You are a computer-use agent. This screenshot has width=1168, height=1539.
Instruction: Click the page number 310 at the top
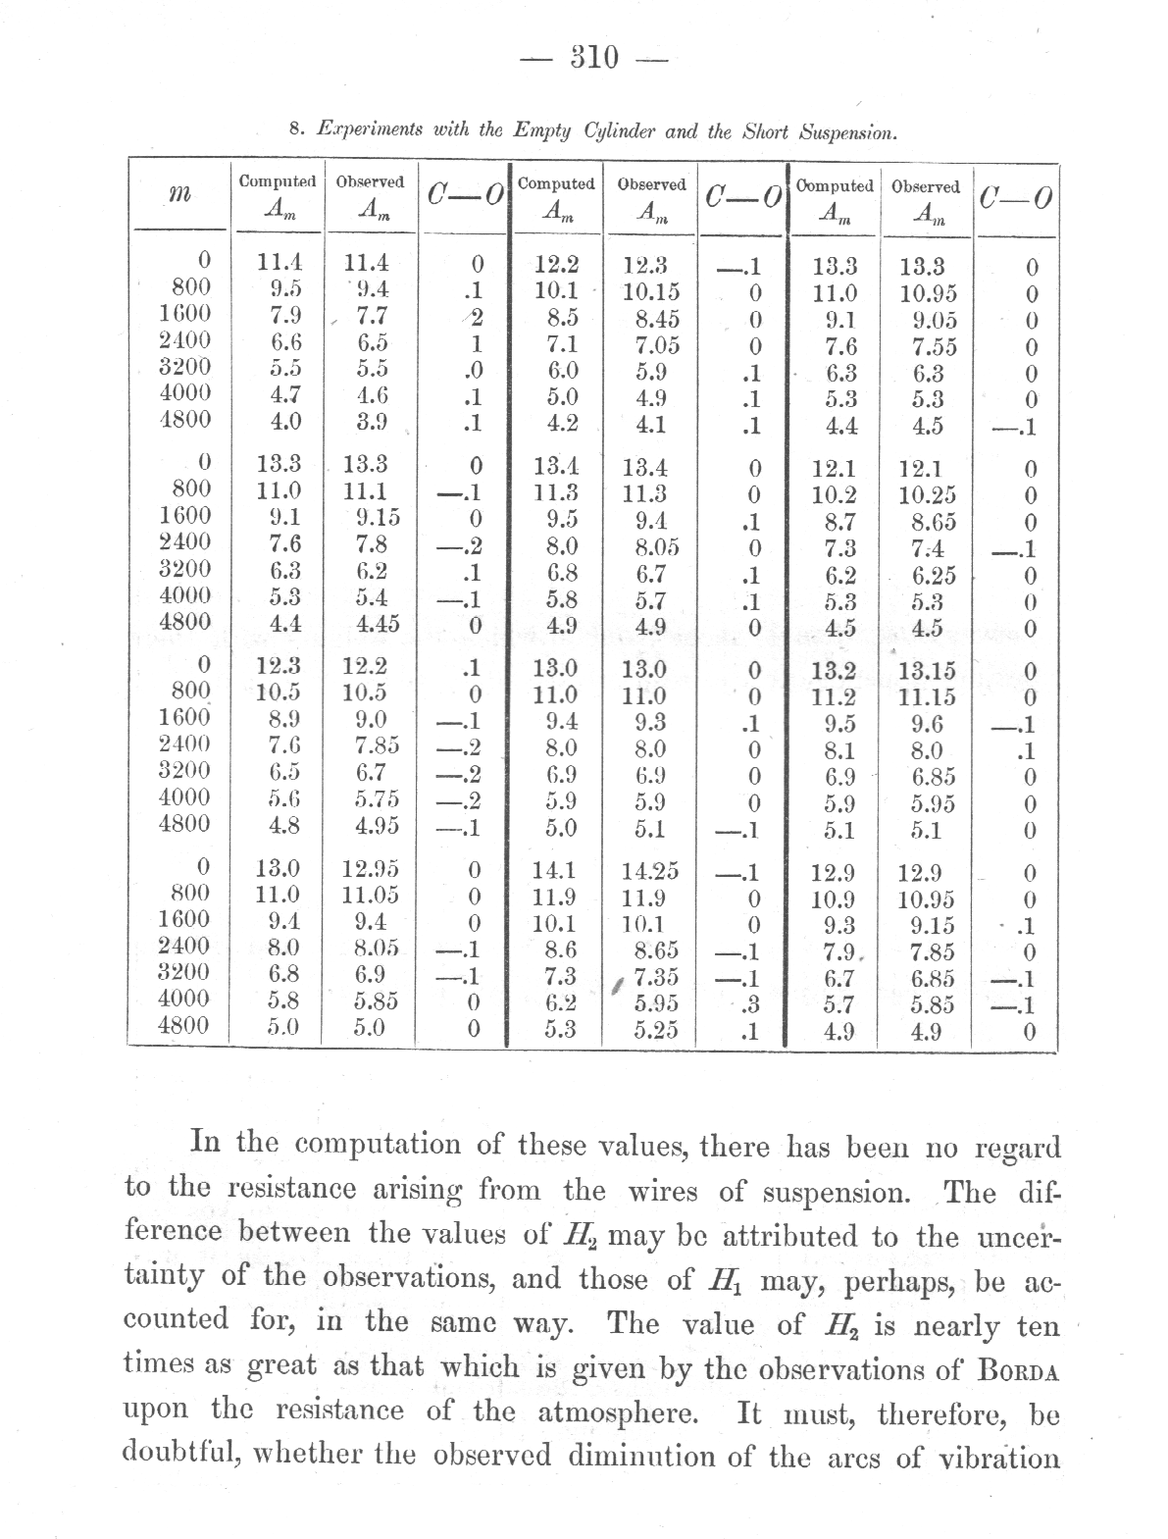coord(594,58)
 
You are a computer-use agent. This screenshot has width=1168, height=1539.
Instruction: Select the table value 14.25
coord(651,872)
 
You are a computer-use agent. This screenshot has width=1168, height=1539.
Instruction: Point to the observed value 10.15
coord(650,292)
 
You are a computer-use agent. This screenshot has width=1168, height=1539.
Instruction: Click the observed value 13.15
coord(927,672)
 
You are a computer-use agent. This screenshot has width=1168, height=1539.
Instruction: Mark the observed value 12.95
coord(370,869)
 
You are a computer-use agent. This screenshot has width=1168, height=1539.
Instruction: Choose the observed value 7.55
coord(928,346)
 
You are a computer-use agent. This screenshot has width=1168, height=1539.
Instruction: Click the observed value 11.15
coord(927,698)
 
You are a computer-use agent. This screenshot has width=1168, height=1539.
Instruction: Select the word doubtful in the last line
coord(182,1454)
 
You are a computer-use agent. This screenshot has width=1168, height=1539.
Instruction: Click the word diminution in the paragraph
coord(646,1455)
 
